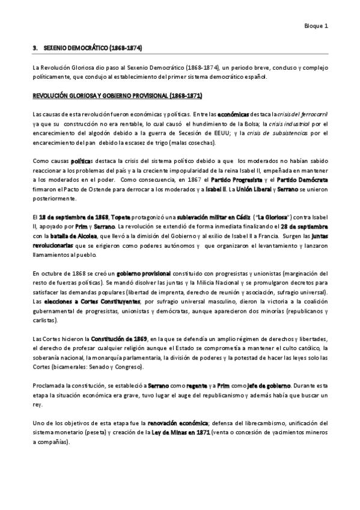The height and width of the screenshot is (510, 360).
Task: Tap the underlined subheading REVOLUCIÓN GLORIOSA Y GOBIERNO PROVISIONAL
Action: (117, 96)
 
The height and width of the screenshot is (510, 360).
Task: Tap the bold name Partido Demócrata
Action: (299, 180)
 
